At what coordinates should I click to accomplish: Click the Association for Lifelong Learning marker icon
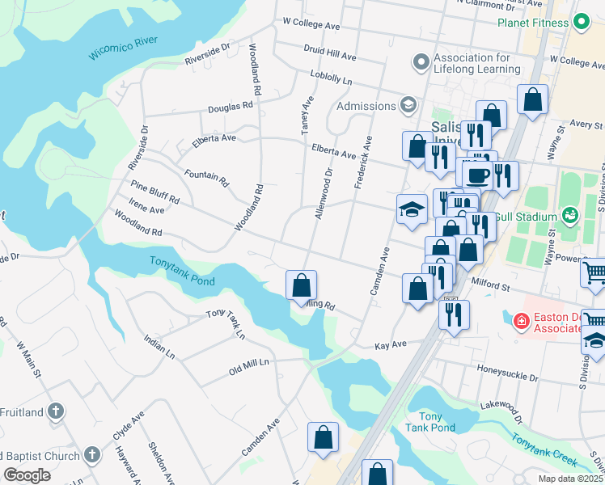420,62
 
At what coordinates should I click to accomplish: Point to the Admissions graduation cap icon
408,106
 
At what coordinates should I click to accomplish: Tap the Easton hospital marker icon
522,321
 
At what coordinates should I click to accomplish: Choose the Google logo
27,474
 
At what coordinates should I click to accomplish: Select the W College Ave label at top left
311,25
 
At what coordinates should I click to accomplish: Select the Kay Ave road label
390,345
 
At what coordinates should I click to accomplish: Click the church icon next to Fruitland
55,411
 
